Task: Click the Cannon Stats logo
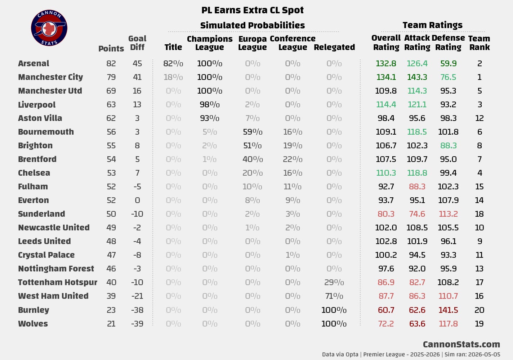(x=49, y=28)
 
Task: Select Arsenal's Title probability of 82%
(x=173, y=63)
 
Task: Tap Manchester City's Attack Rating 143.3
(x=417, y=77)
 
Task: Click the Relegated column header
(x=334, y=47)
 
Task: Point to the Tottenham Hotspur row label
(x=58, y=282)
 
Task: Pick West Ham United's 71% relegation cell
(x=334, y=296)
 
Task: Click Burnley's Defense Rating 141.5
(x=448, y=310)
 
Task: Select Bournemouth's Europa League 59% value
(x=253, y=132)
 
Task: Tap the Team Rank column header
(x=479, y=43)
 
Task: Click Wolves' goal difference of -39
(x=137, y=324)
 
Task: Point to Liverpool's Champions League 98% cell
(x=210, y=105)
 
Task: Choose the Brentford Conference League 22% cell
(x=293, y=159)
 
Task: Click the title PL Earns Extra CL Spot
(x=253, y=10)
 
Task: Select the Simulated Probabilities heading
(x=253, y=26)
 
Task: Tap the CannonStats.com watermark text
(x=461, y=344)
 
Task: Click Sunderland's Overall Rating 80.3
(x=386, y=214)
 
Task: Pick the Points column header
(x=111, y=49)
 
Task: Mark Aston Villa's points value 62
(x=111, y=118)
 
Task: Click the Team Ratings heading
(x=433, y=25)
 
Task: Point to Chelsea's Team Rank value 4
(x=479, y=173)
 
